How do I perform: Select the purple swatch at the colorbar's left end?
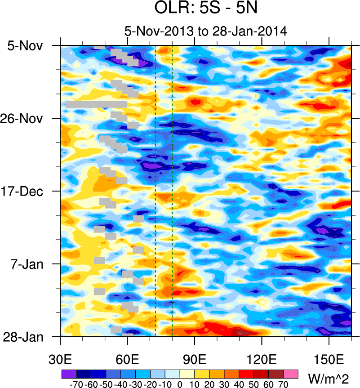coord(69,374)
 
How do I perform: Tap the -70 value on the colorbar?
coord(75,384)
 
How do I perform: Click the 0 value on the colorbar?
coord(179,384)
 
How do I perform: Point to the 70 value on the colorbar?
coord(283,384)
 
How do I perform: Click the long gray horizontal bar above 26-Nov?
coord(96,104)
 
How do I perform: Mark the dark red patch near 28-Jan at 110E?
coord(240,333)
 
